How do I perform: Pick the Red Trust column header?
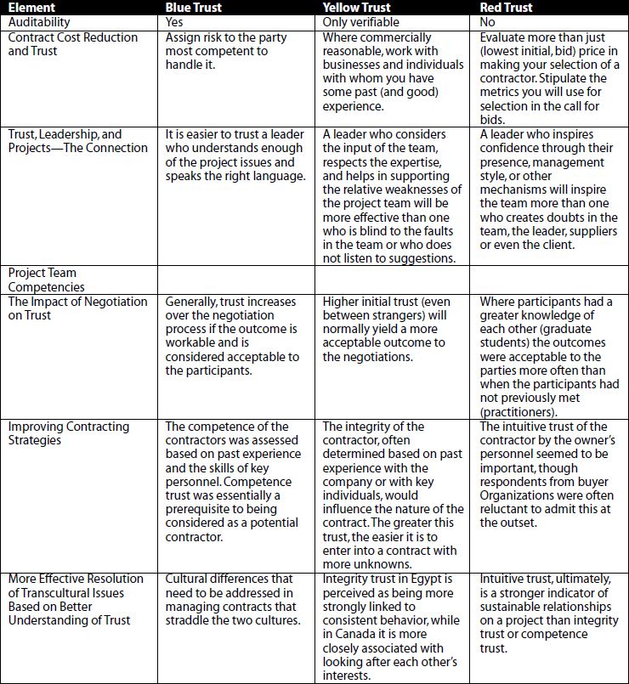tap(507, 8)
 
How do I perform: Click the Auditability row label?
tap(39, 22)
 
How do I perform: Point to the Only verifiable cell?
tap(361, 22)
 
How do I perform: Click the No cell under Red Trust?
tap(489, 22)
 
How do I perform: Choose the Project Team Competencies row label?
tap(42, 280)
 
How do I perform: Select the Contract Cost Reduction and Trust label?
tap(72, 44)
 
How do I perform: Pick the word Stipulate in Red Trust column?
tap(584, 78)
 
